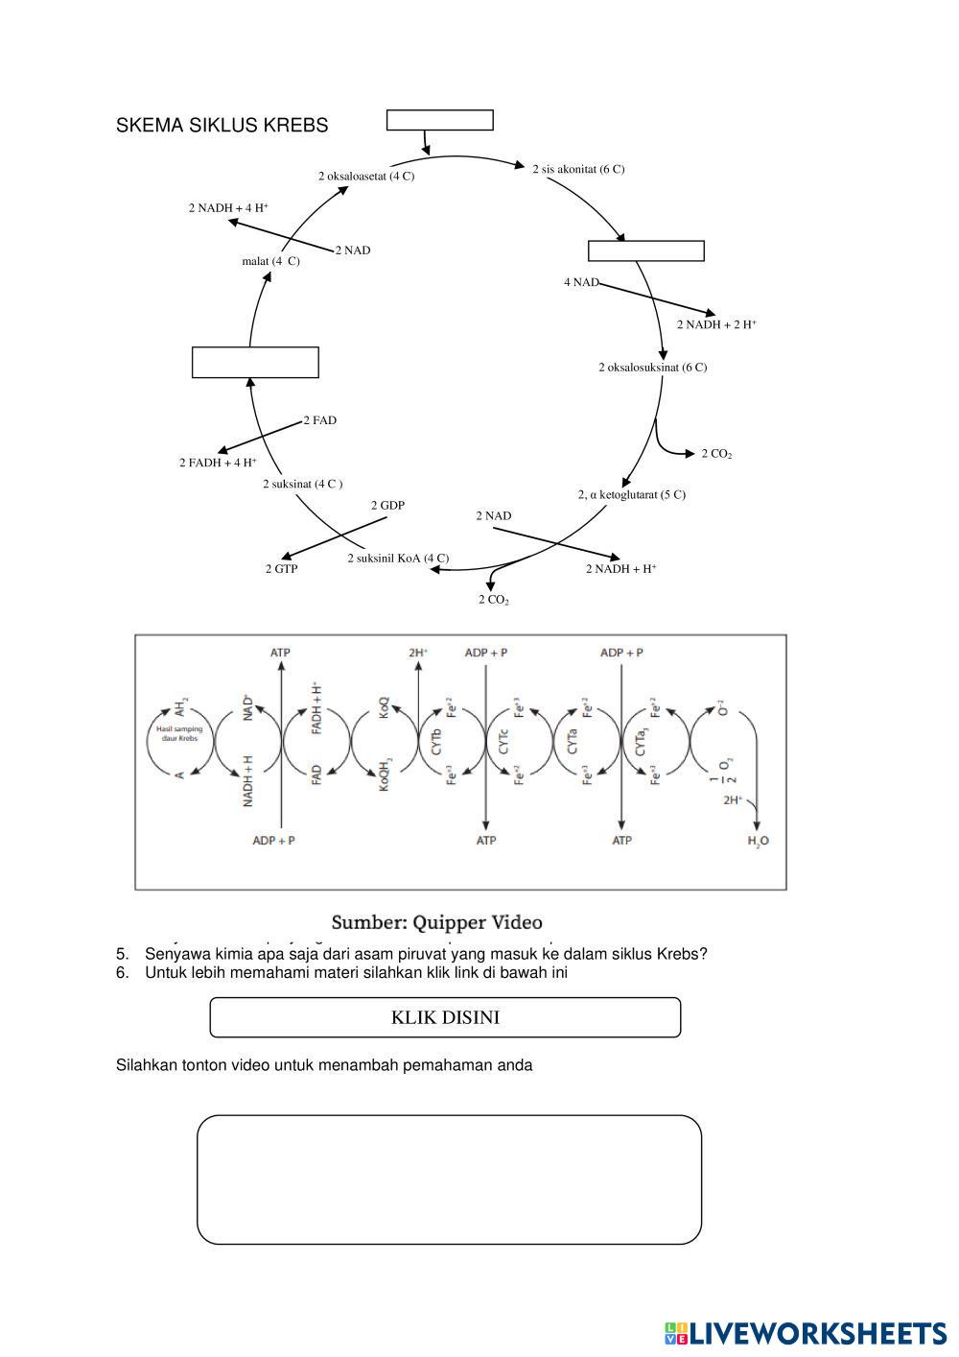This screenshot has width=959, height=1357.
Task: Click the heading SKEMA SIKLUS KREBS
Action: (x=222, y=126)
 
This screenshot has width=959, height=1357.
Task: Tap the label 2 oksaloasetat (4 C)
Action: (x=366, y=177)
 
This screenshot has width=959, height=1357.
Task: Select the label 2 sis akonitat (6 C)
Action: (x=578, y=170)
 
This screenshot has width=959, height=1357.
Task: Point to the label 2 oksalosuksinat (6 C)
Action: (x=652, y=368)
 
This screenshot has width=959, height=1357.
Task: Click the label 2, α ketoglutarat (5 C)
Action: (x=631, y=495)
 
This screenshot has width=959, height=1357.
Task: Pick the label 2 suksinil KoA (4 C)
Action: (x=397, y=559)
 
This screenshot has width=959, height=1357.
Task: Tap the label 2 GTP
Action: (x=281, y=569)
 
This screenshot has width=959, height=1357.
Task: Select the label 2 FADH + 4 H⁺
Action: (x=218, y=463)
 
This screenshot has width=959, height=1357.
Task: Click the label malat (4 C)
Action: (x=270, y=261)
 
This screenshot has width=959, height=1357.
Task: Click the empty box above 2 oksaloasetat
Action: (x=439, y=120)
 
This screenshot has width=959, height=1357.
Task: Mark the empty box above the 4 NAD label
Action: (x=645, y=251)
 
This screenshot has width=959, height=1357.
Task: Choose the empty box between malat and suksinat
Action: (x=255, y=363)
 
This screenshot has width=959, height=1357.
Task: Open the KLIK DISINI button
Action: (x=445, y=1017)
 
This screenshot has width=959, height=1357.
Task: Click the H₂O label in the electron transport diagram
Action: (x=758, y=841)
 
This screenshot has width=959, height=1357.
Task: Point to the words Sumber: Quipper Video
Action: (x=436, y=922)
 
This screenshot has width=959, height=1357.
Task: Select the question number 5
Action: (x=122, y=954)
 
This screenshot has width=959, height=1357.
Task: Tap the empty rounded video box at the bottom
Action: (x=449, y=1179)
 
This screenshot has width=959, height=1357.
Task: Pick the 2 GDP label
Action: (x=387, y=505)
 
